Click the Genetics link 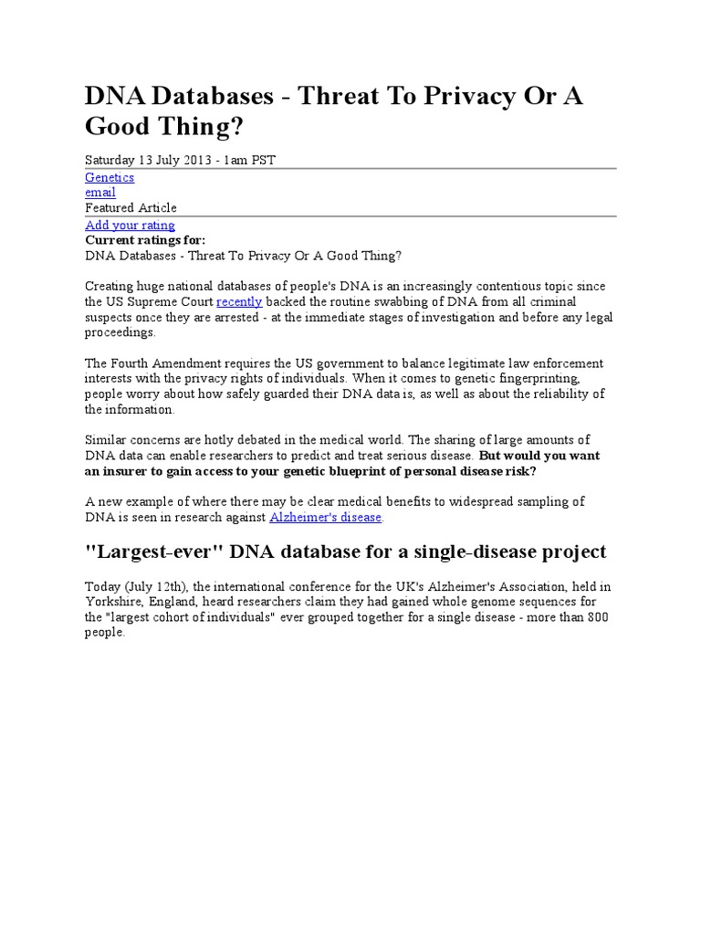[x=110, y=177]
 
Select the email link [x=100, y=193]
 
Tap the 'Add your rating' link [x=130, y=225]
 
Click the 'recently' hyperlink [x=239, y=301]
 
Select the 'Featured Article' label [x=131, y=207]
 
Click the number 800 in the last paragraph [x=596, y=617]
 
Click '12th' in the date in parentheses [x=170, y=586]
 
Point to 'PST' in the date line [x=263, y=160]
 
